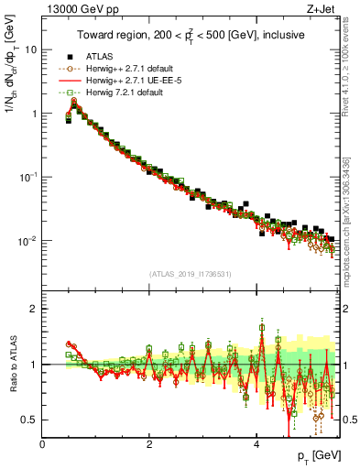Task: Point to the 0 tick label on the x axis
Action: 42,443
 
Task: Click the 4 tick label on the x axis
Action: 256,443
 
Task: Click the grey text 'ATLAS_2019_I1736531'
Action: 191,274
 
